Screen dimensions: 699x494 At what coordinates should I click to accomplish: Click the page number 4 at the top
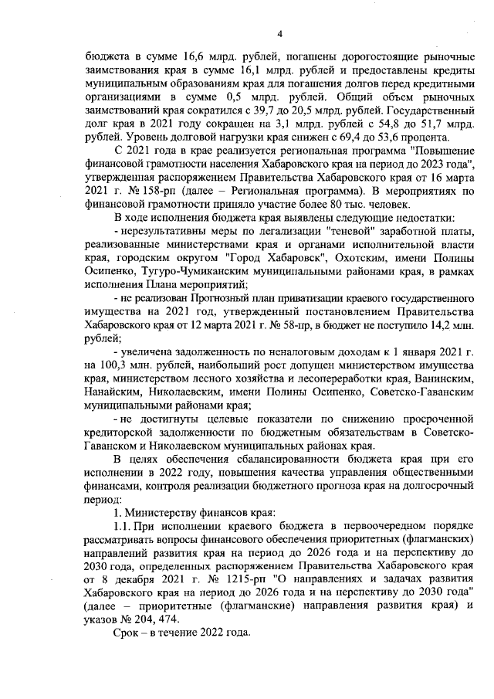[x=280, y=33]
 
